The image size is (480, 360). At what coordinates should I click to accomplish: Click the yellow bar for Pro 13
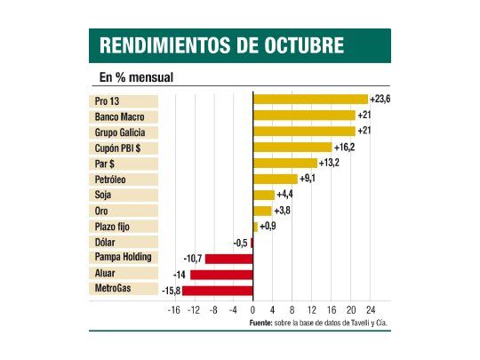coord(310,100)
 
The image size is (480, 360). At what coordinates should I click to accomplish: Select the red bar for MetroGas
coord(218,290)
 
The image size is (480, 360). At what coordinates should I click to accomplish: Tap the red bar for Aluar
coord(221,274)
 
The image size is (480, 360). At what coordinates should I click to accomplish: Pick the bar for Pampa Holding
coord(229,258)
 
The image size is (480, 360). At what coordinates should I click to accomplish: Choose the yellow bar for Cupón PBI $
coord(292,147)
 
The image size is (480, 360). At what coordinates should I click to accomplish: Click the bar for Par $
coord(284,163)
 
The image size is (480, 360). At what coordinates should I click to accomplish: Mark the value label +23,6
coord(380,99)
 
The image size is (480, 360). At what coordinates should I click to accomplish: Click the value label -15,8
coord(169,290)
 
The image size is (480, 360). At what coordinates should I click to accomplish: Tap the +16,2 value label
coord(345,147)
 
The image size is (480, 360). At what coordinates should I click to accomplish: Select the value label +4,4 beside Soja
coord(285,195)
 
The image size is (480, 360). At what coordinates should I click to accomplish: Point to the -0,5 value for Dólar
coord(239,243)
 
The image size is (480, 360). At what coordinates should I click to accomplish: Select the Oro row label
coord(101,211)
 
